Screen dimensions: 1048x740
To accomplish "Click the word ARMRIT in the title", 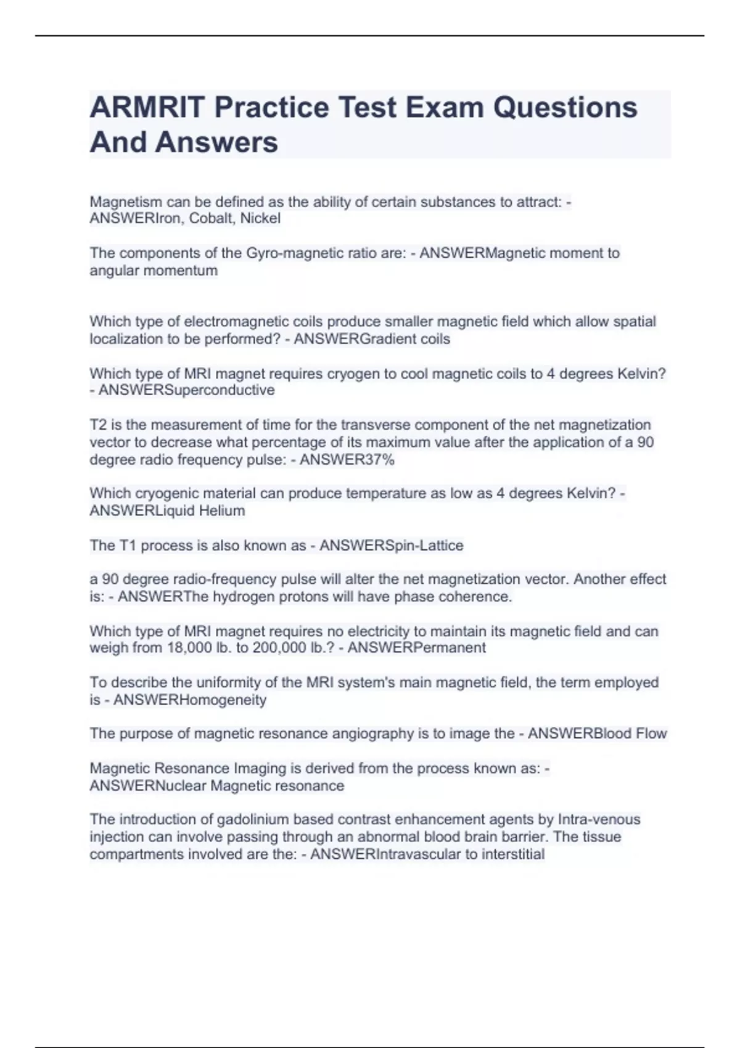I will tap(147, 107).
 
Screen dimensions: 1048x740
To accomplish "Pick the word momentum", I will tap(186, 271).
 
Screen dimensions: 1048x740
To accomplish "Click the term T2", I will tap(98, 425).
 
